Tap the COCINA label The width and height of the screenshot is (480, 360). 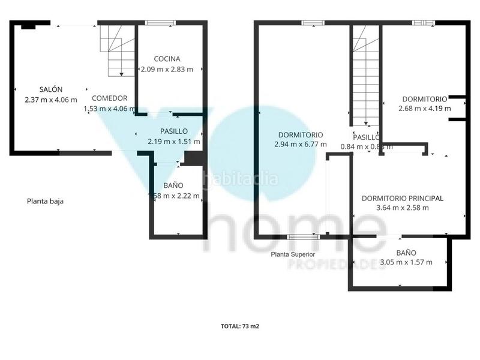click(167, 59)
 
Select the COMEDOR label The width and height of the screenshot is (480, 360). click(109, 98)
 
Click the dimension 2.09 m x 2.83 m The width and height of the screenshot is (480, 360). click(167, 69)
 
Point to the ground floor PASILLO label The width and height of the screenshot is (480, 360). click(174, 131)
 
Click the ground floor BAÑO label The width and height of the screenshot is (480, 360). click(173, 185)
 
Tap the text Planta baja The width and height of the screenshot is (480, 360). click(45, 202)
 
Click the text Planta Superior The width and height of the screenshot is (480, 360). click(293, 254)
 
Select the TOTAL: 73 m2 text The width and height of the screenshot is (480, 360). click(240, 327)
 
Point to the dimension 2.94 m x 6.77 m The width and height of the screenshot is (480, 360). click(301, 145)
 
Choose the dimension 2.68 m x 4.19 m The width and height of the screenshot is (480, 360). click(425, 109)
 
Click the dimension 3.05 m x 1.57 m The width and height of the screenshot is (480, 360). click(406, 262)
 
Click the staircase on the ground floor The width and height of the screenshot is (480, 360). click(118, 50)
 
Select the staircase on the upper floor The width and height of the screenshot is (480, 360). click(364, 78)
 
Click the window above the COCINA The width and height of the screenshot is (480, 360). click(160, 23)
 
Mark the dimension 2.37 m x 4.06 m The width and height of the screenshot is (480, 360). click(51, 99)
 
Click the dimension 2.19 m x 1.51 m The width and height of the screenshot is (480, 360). click(174, 142)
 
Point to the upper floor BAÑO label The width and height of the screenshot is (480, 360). click(406, 253)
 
